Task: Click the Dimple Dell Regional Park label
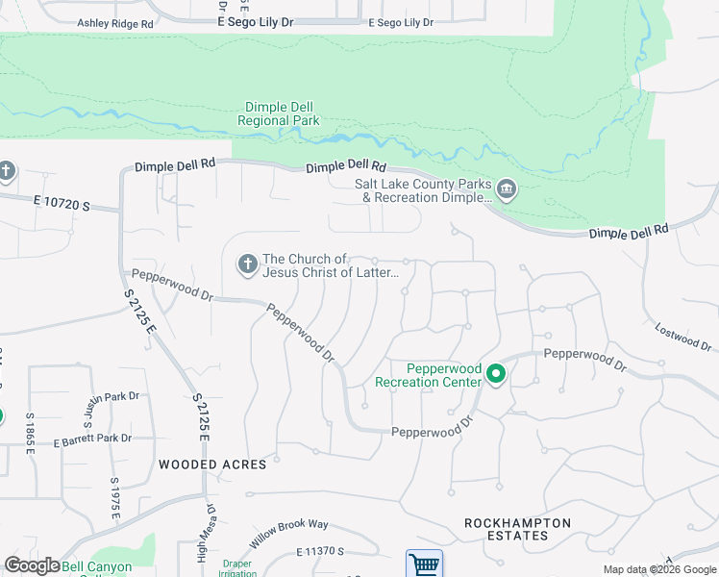pyautogui.click(x=280, y=113)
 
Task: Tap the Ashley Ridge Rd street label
pyautogui.click(x=115, y=22)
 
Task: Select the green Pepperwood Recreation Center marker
pyautogui.click(x=496, y=374)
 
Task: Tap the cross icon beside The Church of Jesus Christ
pyautogui.click(x=247, y=264)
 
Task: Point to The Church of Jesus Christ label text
pyautogui.click(x=331, y=265)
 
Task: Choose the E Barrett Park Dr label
pyautogui.click(x=92, y=439)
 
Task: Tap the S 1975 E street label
pyautogui.click(x=114, y=498)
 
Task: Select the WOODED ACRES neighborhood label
pyautogui.click(x=212, y=464)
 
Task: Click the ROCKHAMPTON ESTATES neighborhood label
pyautogui.click(x=517, y=530)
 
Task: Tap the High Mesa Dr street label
pyautogui.click(x=204, y=535)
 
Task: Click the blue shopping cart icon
pyautogui.click(x=424, y=564)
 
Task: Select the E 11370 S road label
pyautogui.click(x=320, y=551)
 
